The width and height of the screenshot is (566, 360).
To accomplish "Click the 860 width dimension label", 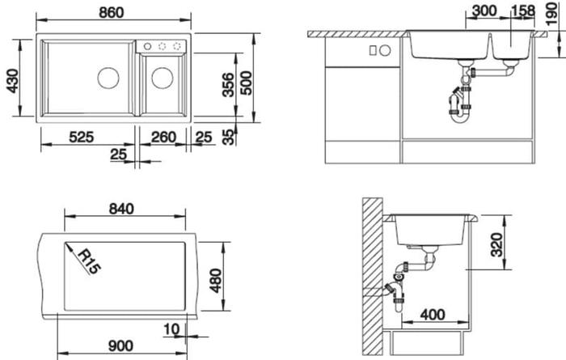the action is click(x=112, y=13).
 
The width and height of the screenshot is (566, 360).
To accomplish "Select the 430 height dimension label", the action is click(x=13, y=81).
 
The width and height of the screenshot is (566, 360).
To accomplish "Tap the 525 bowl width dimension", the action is click(x=81, y=138).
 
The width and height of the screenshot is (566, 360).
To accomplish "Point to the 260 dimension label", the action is click(x=163, y=138).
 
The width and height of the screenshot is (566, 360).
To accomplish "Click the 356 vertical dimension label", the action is click(x=228, y=85).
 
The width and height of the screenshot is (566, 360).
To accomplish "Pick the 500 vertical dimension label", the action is click(x=246, y=83).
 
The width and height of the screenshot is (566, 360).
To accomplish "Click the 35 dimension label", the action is click(x=229, y=138).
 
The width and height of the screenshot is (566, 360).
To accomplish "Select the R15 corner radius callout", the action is click(x=90, y=261).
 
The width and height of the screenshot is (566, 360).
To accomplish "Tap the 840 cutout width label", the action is click(x=121, y=209).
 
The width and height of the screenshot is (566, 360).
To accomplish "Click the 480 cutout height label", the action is click(x=216, y=281).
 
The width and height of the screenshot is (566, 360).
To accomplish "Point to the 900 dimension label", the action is click(x=120, y=346).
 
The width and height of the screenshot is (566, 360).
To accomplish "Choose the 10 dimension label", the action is click(x=171, y=329).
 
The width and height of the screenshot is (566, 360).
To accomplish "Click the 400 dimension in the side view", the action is click(x=433, y=315).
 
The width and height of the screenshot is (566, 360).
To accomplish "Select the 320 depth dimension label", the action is click(x=497, y=245).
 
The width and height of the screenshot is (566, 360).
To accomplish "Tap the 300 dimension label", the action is click(x=484, y=11).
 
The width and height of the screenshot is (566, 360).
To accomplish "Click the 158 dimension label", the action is click(x=523, y=11).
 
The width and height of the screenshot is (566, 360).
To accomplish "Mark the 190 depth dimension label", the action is click(x=552, y=14).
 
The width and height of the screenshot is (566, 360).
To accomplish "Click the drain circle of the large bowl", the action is click(x=108, y=78).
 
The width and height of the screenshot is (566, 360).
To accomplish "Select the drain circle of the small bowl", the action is click(x=163, y=78).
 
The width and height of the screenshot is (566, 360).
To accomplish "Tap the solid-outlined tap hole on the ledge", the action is click(x=147, y=46).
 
